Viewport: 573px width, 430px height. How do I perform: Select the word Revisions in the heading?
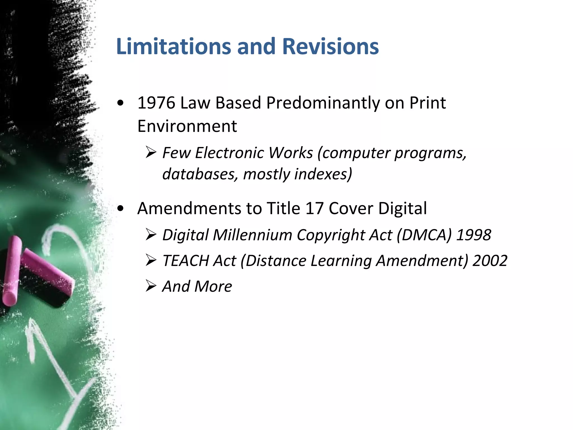coord(330,46)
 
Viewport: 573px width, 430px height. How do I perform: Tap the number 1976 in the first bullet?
coord(156,103)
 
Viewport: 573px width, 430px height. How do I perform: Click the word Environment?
coord(187,126)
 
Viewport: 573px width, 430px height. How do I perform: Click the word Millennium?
coord(253,235)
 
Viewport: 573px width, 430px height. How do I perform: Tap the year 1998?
coord(474,235)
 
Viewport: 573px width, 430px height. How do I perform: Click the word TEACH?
coord(185,261)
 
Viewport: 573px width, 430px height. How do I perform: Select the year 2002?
coord(490,261)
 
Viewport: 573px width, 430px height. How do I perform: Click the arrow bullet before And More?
coord(151,286)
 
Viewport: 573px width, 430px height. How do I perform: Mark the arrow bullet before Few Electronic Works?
coord(151,153)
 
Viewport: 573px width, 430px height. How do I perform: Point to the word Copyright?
coord(330,235)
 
